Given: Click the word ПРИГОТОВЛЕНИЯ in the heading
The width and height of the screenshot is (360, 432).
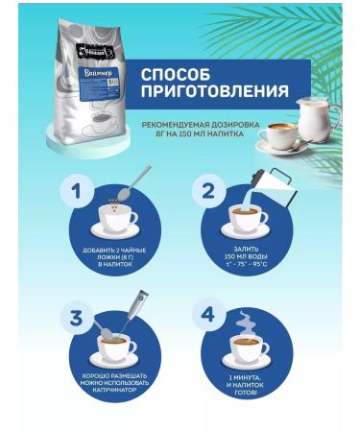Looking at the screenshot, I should pyautogui.click(x=214, y=93).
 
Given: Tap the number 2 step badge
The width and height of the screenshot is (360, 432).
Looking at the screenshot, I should pyautogui.click(x=204, y=192).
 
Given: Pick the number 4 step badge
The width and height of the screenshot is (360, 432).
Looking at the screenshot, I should pyautogui.click(x=204, y=316).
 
